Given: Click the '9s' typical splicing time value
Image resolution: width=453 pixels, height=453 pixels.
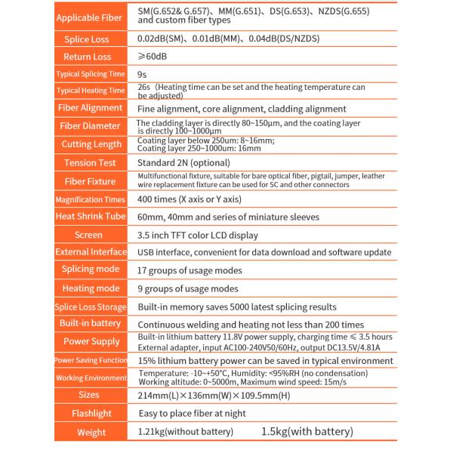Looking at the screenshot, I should [142, 74].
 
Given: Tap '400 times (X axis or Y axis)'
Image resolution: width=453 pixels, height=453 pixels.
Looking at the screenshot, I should [189, 199].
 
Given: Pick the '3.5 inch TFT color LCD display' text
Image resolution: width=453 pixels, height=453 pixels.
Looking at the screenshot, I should [198, 236].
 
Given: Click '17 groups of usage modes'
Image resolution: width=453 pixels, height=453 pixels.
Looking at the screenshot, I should [189, 270].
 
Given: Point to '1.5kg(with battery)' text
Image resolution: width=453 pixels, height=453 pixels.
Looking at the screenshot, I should [307, 432].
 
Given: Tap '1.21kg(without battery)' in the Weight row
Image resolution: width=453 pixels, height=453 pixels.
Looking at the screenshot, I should [185, 432].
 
